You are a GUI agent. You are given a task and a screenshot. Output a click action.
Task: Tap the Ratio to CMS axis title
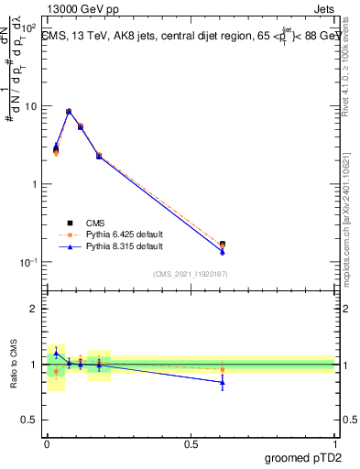(14, 365)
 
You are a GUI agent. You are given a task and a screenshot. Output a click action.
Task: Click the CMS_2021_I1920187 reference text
(189, 274)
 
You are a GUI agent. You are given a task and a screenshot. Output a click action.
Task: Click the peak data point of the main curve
(69, 112)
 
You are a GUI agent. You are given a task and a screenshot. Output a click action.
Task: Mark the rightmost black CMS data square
(223, 245)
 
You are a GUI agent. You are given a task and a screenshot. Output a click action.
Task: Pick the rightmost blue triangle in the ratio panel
(223, 382)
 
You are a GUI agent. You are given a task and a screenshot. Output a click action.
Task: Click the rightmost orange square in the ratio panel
(223, 369)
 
